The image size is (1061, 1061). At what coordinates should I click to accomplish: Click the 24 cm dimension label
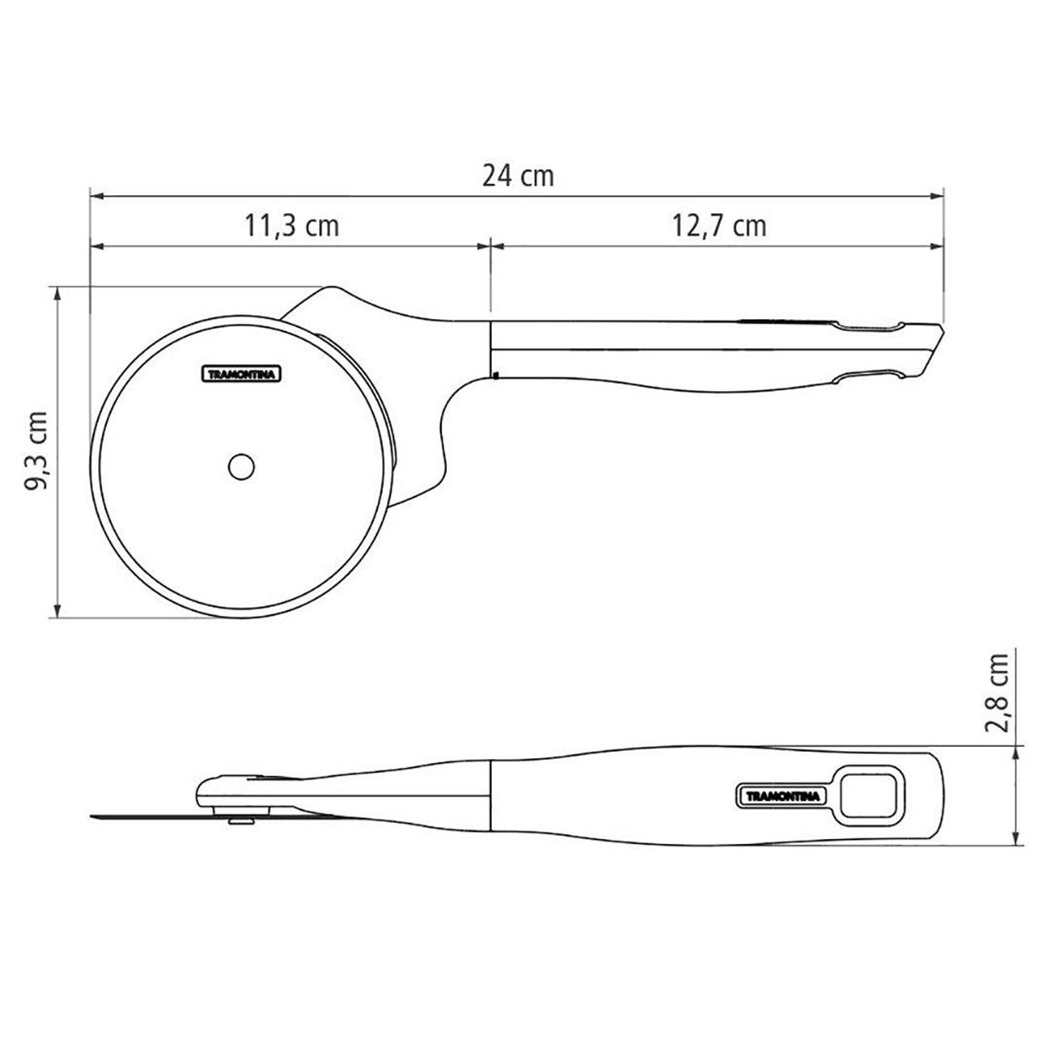pyautogui.click(x=518, y=175)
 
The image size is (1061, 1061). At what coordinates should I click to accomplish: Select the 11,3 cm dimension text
pyautogui.click(x=292, y=226)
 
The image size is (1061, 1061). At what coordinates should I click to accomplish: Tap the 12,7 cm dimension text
pyautogui.click(x=719, y=226)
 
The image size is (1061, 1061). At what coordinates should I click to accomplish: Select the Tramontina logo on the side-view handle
pyautogui.click(x=783, y=796)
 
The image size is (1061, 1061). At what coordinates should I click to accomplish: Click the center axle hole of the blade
pyautogui.click(x=242, y=466)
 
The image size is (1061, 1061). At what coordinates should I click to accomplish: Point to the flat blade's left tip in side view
pyautogui.click(x=95, y=816)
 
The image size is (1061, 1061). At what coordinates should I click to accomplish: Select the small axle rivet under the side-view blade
pyautogui.click(x=242, y=821)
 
